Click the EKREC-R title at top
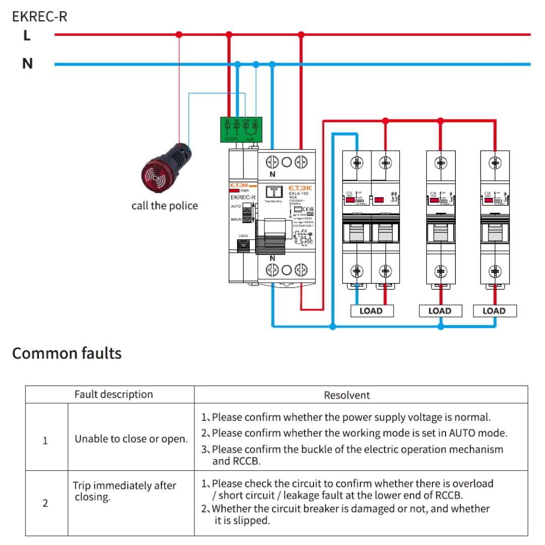[x=39, y=17]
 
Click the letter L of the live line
[x=27, y=36]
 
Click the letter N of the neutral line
[x=27, y=64]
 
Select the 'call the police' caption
[x=165, y=206]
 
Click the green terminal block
[x=241, y=129]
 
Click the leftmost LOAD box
[x=371, y=311]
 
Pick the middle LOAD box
[x=440, y=311]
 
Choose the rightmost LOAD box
[x=495, y=311]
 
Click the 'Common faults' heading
[x=67, y=353]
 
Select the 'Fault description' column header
[x=114, y=395]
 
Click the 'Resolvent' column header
[x=347, y=395]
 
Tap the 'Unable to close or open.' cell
[x=131, y=439]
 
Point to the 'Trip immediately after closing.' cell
[x=124, y=492]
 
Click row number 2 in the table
[x=45, y=503]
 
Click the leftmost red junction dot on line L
[x=179, y=35]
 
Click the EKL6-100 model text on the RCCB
[x=298, y=193]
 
